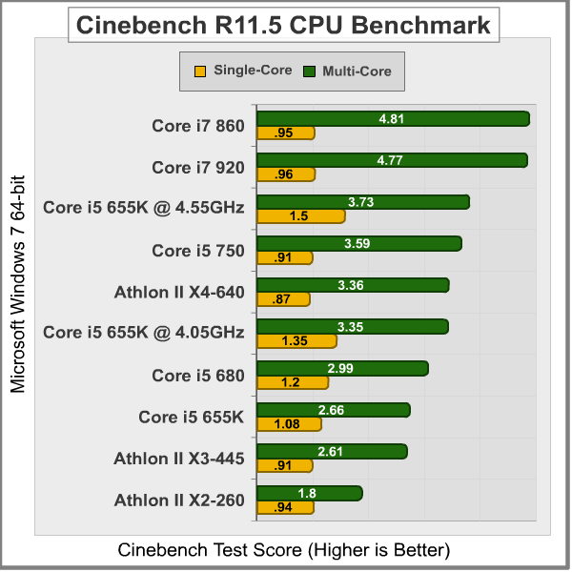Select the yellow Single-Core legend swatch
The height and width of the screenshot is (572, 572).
click(x=200, y=71)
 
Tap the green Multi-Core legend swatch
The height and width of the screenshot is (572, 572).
click(x=309, y=71)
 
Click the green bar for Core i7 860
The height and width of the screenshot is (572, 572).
click(x=393, y=118)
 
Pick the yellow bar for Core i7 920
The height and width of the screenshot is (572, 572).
click(x=286, y=174)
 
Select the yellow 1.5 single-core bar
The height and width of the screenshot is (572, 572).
click(x=301, y=216)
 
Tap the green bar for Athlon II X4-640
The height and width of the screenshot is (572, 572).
click(x=353, y=285)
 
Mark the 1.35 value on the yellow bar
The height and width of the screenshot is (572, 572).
click(x=296, y=341)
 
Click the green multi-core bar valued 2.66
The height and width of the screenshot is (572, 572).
click(x=334, y=410)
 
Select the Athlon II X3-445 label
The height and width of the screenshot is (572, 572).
click(x=179, y=459)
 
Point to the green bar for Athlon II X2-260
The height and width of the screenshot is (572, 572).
click(x=310, y=493)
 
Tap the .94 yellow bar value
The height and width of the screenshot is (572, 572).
click(x=282, y=508)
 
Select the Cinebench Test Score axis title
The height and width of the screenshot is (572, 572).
click(x=283, y=550)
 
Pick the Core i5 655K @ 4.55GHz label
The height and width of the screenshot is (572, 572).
click(x=144, y=209)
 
